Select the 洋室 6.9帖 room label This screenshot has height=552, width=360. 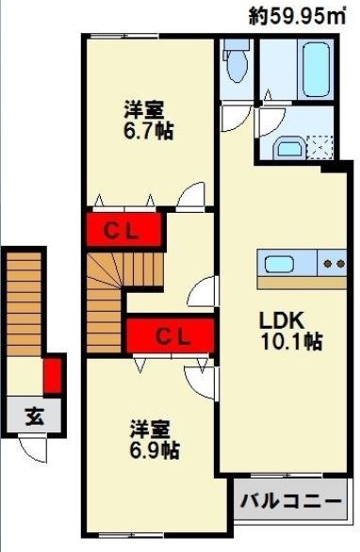coord(154,439)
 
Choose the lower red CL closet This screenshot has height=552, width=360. coord(172,333)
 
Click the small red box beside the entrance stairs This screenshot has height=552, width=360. coord(54,372)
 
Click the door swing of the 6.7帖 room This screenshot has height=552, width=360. coord(192,195)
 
